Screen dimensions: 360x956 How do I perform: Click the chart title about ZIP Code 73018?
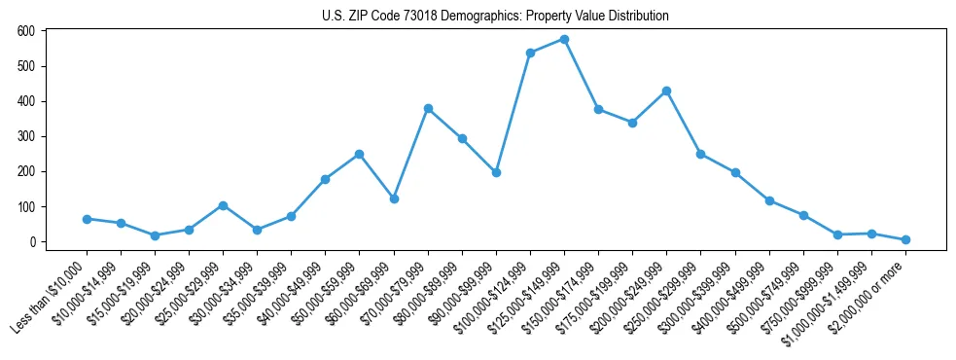click(x=495, y=17)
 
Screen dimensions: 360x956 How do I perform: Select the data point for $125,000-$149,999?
click(x=564, y=40)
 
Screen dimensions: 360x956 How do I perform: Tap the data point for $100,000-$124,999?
click(x=530, y=53)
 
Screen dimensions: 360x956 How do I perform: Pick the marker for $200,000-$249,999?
click(x=666, y=90)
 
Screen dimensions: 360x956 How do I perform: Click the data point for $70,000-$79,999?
click(x=428, y=108)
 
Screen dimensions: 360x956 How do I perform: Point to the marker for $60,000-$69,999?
click(x=394, y=198)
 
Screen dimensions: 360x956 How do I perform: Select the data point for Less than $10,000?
click(x=87, y=219)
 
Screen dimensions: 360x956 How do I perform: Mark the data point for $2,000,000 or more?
click(x=905, y=239)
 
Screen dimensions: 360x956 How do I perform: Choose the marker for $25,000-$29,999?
click(x=223, y=205)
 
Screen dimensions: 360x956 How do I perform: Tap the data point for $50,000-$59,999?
click(x=360, y=154)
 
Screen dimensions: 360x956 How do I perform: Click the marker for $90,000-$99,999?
click(x=496, y=172)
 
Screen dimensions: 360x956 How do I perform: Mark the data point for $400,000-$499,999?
click(x=769, y=200)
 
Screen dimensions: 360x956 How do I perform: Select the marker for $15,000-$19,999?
click(x=155, y=235)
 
